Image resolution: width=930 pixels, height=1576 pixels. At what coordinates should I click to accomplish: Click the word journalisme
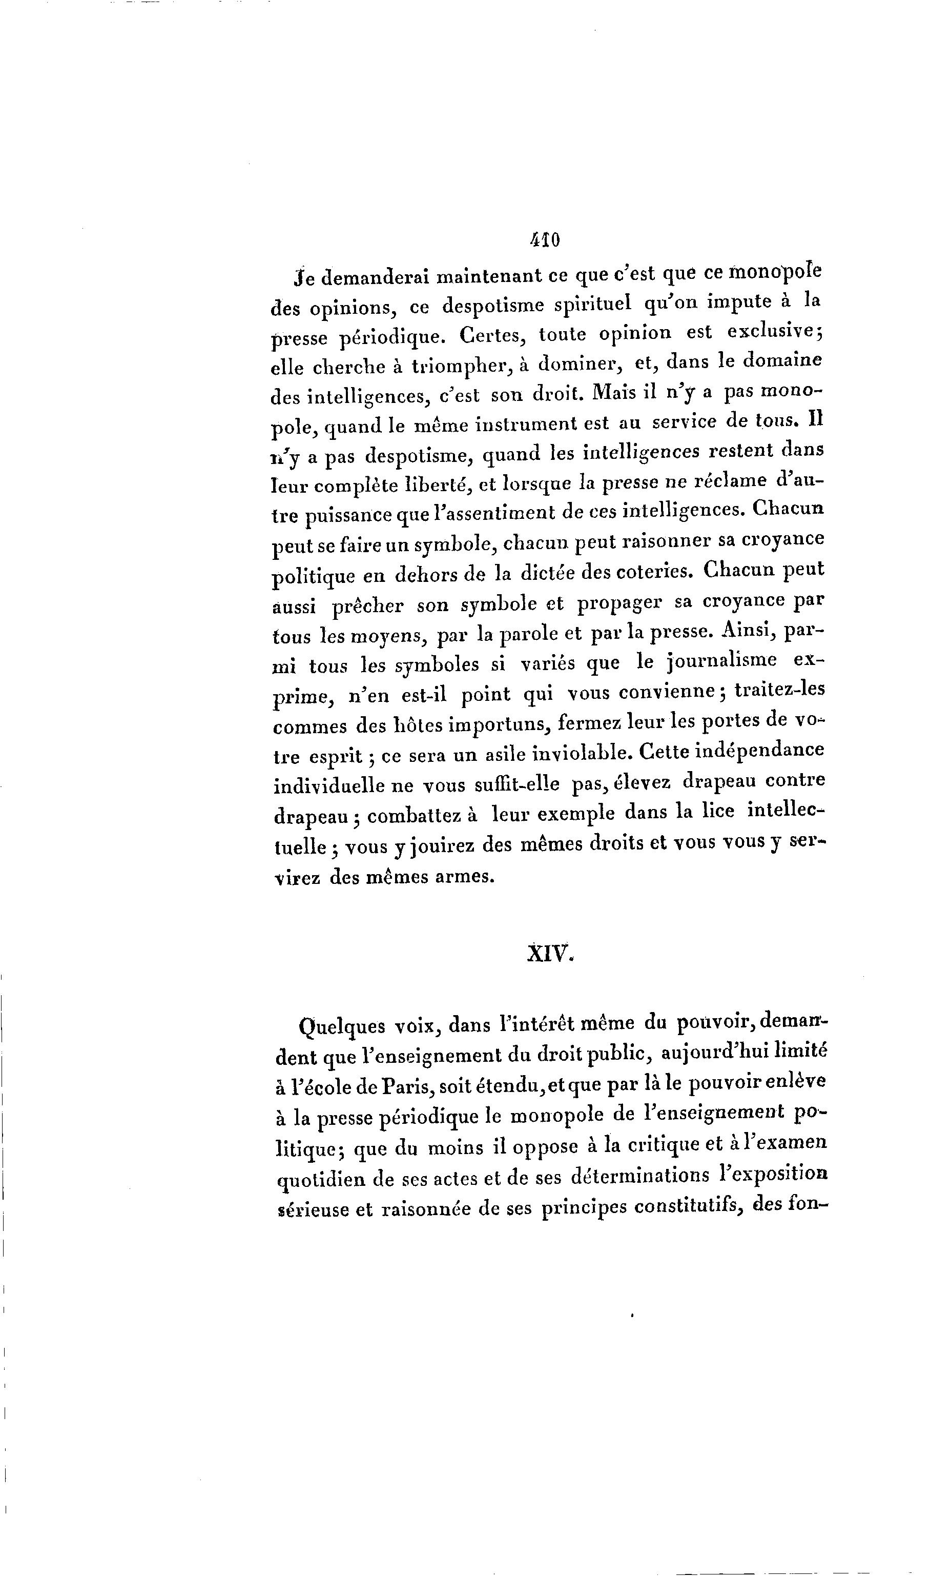point(721,662)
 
